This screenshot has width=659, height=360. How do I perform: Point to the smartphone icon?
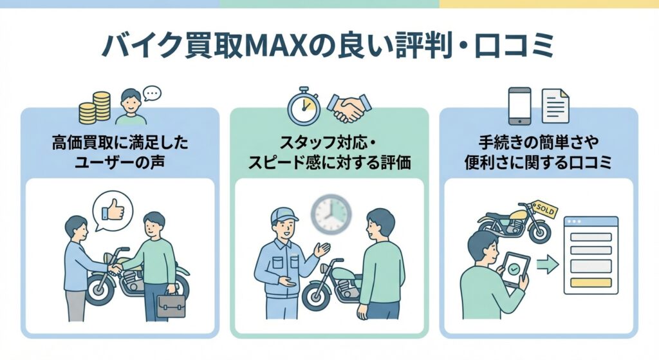click(519, 106)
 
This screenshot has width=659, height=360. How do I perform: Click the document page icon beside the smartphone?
click(555, 106)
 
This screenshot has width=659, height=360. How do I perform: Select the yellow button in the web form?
click(589, 282)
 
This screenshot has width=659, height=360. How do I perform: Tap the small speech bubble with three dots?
click(152, 94)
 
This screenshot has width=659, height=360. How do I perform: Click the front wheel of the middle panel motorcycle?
click(320, 297)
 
